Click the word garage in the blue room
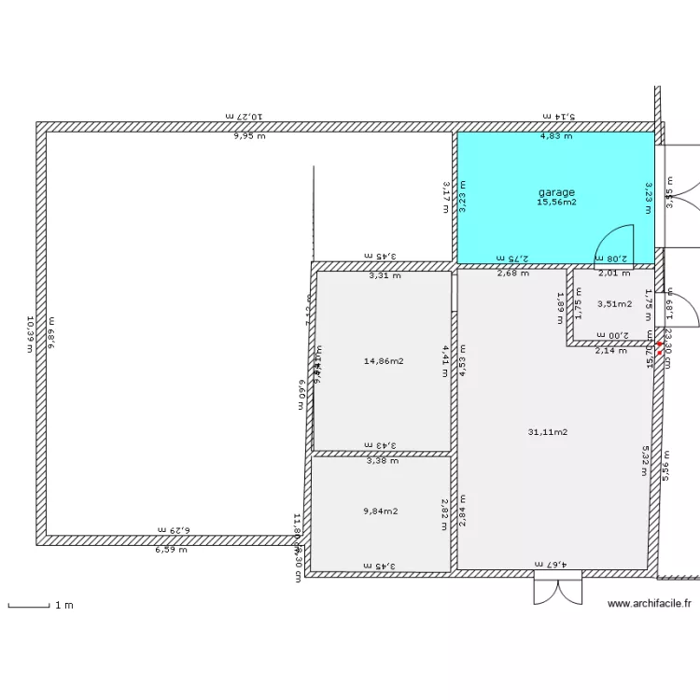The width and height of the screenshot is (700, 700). coord(556,192)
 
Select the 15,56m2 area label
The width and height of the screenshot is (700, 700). coord(556,203)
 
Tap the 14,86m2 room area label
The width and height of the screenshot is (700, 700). coord(383,361)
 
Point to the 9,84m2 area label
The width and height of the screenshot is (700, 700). coord(380,511)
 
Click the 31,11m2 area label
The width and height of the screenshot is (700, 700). coord(548,431)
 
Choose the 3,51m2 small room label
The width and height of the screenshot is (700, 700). coord(614,303)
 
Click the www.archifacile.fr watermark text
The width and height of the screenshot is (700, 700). coord(649,604)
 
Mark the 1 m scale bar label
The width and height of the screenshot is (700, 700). coord(63,606)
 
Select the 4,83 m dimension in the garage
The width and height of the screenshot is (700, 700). coord(556,136)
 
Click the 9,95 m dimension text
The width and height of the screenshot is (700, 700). coord(249,136)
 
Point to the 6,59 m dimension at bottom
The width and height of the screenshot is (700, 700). coord(171,550)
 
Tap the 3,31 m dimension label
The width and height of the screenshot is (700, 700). coord(384,275)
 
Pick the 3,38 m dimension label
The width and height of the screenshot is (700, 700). coord(382,460)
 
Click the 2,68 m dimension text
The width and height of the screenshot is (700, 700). coord(512,273)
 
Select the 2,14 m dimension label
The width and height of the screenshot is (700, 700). coord(611,351)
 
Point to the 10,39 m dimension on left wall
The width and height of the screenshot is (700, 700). coord(31,333)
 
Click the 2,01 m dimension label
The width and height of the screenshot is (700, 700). coord(614,273)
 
